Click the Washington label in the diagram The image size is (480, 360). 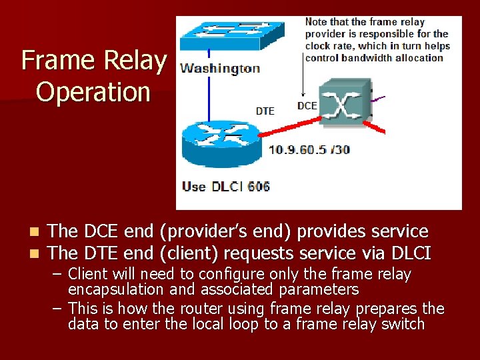(x=220, y=68)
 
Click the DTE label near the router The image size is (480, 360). (x=265, y=111)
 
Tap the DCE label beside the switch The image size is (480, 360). (x=307, y=105)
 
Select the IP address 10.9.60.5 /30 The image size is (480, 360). (x=309, y=149)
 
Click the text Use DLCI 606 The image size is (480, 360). (x=225, y=186)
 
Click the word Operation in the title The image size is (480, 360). (x=93, y=91)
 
